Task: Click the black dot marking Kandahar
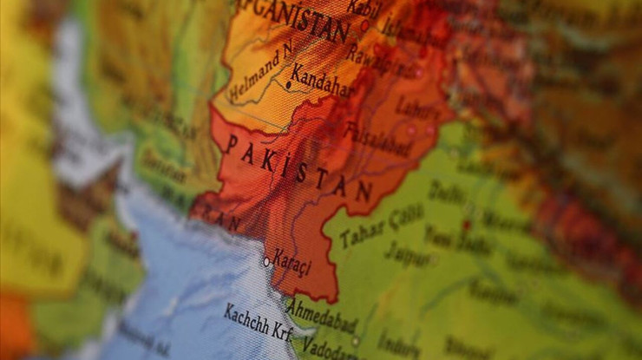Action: [287, 85]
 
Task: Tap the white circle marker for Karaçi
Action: [266, 261]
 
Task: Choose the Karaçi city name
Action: [292, 258]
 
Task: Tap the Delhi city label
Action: [446, 190]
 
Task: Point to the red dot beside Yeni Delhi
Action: [466, 225]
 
